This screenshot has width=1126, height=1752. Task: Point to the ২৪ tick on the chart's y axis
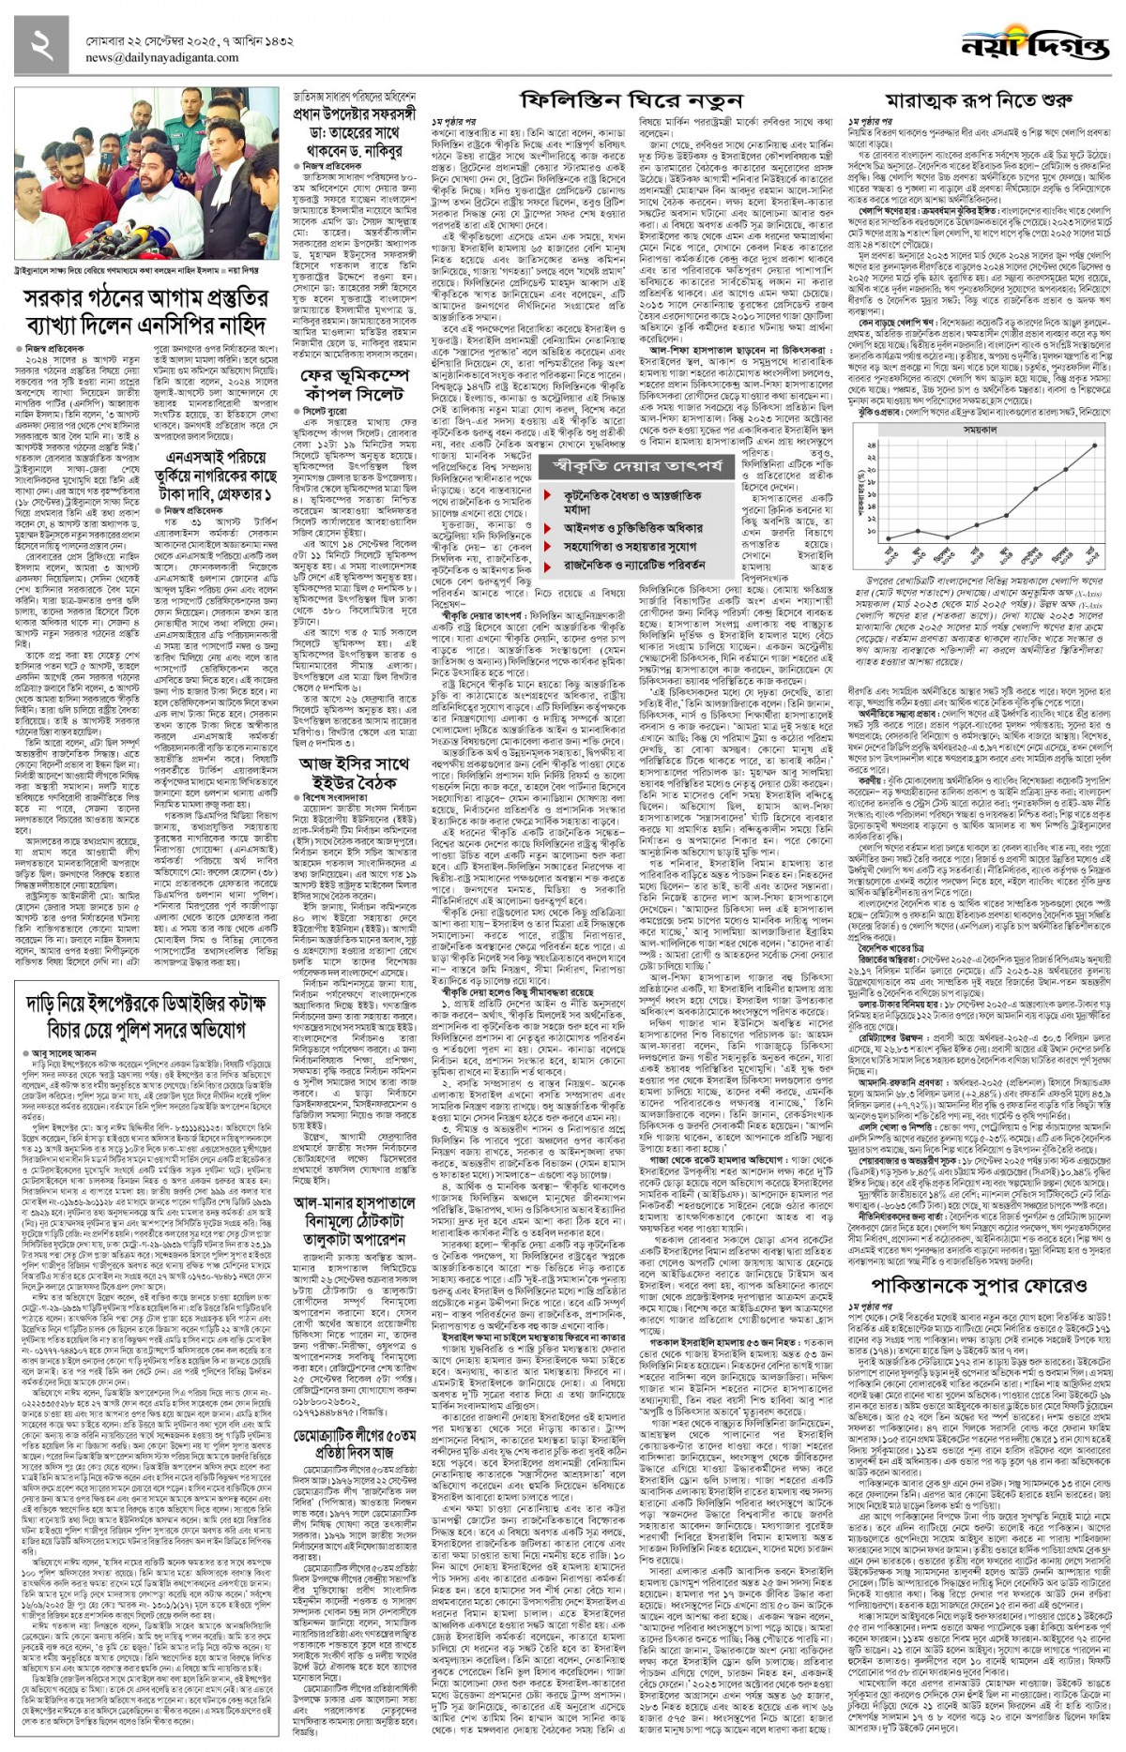870,445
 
